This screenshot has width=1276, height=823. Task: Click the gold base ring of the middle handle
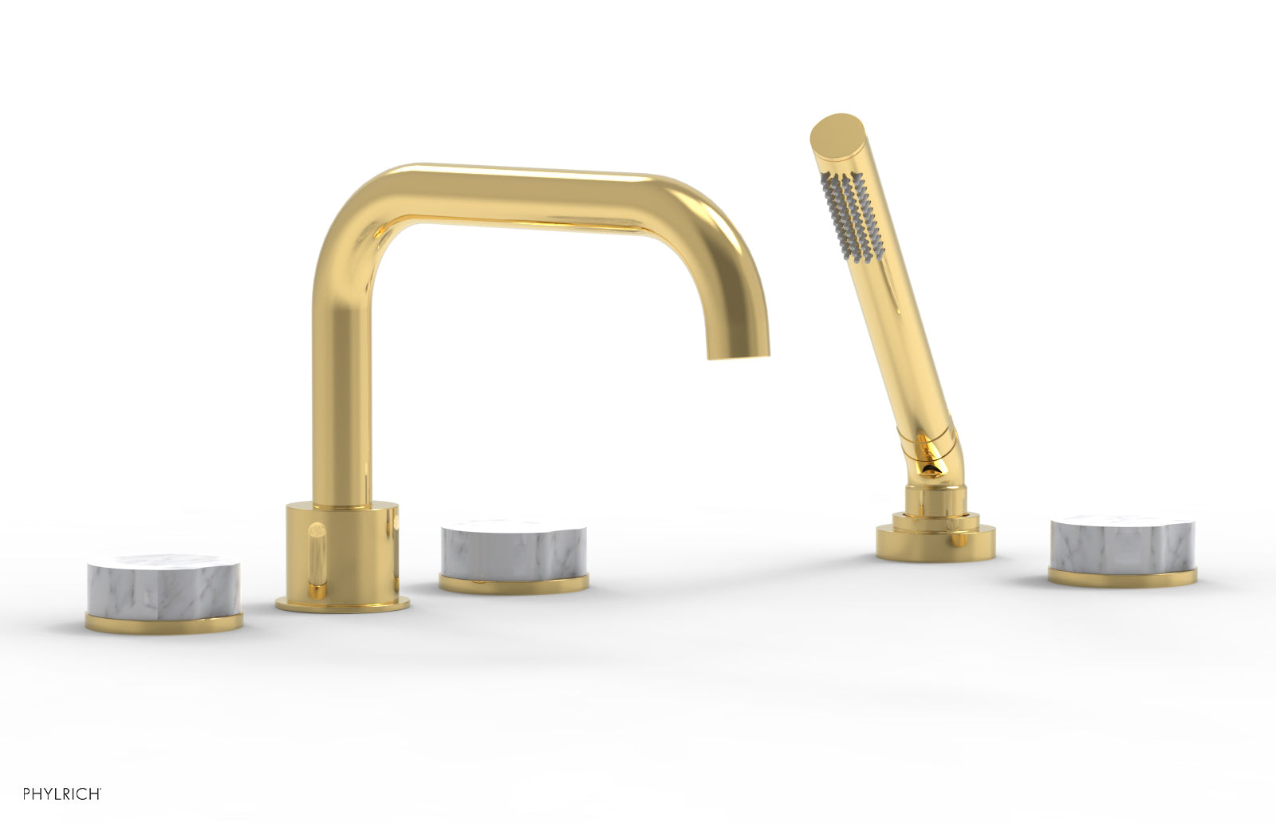[x=514, y=585]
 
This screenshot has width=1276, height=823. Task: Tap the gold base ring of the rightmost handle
[x=1123, y=577]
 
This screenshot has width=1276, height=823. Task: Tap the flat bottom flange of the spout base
[x=343, y=604]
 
